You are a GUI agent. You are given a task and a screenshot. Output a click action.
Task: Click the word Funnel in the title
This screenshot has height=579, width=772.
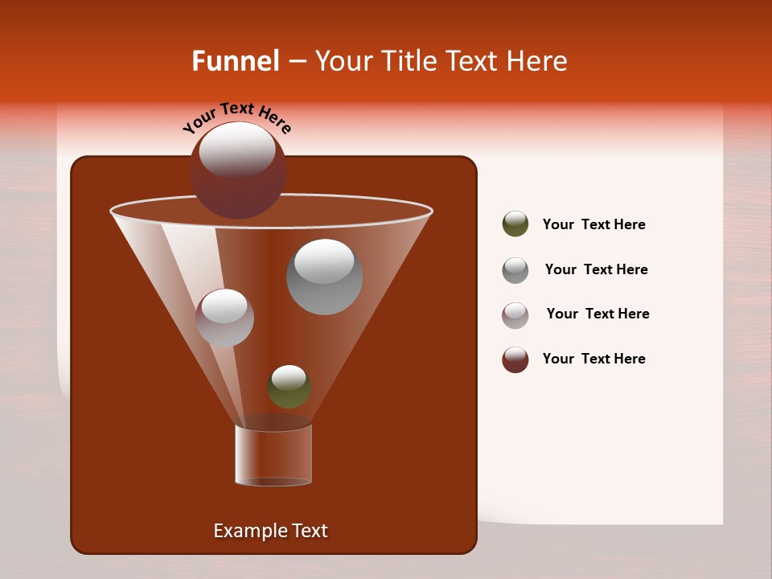coord(235,61)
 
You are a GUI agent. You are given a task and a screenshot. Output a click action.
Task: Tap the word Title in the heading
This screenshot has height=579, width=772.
coord(409,61)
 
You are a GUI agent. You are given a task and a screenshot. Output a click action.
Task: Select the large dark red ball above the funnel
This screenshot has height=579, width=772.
coord(238,171)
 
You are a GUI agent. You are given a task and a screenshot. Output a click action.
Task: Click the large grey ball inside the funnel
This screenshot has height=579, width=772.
coord(324,277)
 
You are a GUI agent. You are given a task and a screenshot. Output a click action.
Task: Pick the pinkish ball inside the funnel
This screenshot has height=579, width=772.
coord(224,318)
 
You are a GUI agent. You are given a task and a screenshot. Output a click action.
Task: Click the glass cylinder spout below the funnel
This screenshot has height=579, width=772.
coord(273,454)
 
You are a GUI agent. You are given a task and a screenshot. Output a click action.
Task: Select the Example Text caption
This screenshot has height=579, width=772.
coord(270,531)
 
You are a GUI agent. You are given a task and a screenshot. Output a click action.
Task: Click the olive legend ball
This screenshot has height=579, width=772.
coord(515,224)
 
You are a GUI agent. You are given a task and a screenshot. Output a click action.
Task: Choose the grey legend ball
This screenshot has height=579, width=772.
coord(515,269)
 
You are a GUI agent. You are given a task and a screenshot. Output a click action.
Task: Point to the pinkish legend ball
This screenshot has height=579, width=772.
coord(515,314)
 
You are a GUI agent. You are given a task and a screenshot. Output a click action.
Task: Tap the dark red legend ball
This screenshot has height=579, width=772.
coord(515,359)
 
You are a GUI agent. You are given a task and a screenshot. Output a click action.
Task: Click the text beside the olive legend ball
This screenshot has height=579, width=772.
coord(593,225)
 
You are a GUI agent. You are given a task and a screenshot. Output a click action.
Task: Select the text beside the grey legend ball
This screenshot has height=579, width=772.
coord(596,270)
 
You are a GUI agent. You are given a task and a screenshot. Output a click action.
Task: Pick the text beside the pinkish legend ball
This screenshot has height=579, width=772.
coord(597,314)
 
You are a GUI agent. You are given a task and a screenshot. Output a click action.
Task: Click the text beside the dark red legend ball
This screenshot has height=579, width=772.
coord(593,359)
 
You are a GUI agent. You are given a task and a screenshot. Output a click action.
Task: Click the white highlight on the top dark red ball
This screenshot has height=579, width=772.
coord(236,150)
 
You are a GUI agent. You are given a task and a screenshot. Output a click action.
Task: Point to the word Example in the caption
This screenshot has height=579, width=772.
coord(245,531)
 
